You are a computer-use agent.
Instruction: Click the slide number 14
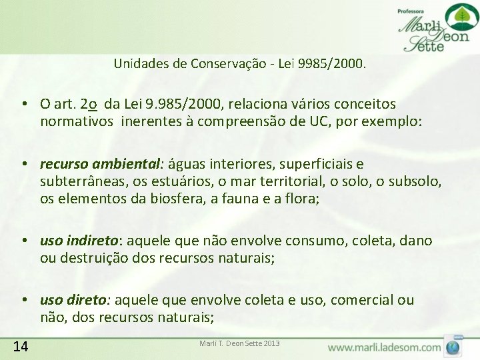point(20,345)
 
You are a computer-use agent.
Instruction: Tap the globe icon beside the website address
point(453,347)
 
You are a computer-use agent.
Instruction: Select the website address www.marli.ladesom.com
point(385,347)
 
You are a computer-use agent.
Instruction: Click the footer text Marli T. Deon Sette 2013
point(239,343)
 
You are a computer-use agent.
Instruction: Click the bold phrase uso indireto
point(79,240)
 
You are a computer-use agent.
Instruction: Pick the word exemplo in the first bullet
point(393,122)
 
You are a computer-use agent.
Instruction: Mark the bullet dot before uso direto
point(23,301)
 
